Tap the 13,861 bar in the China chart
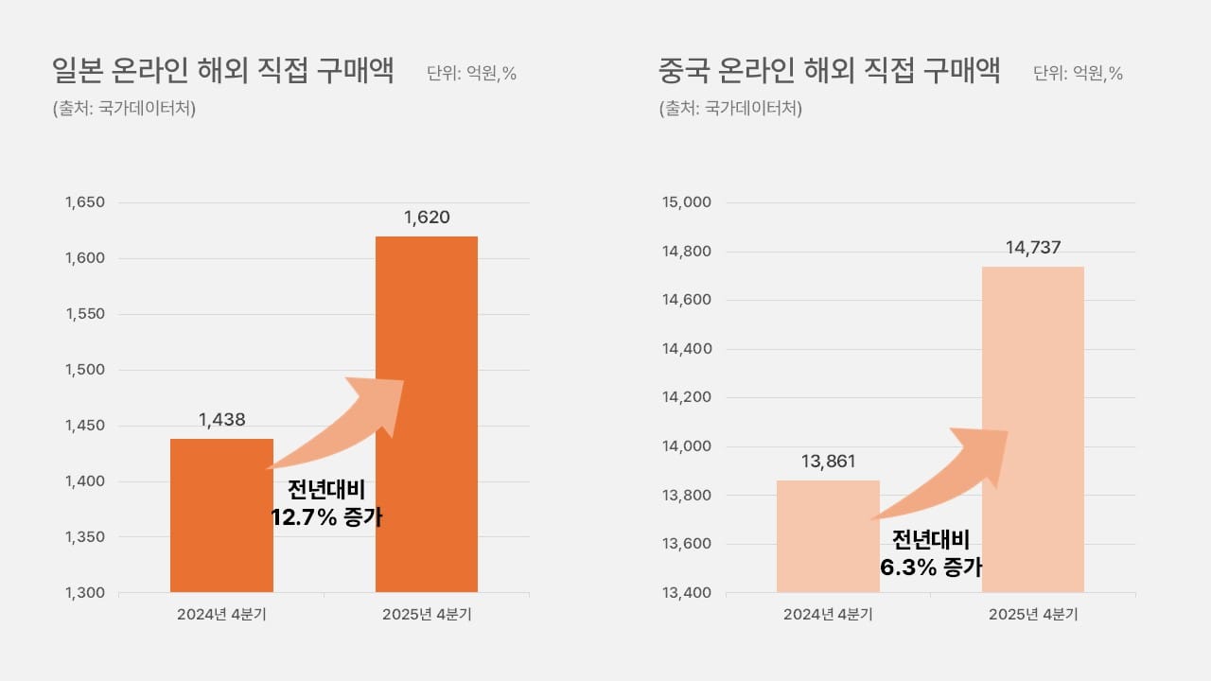point(828,549)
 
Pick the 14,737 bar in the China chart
point(1033,359)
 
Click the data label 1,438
point(222,419)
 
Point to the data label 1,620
point(427,218)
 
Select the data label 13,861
point(828,462)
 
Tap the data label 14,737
point(1033,248)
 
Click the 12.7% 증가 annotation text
point(326,517)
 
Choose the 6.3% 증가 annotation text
point(931,567)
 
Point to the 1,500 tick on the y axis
point(84,370)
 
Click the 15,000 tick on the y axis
point(690,202)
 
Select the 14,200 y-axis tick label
point(690,397)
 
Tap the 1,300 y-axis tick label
point(84,593)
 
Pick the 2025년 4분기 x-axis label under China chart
point(1033,614)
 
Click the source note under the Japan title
point(124,108)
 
